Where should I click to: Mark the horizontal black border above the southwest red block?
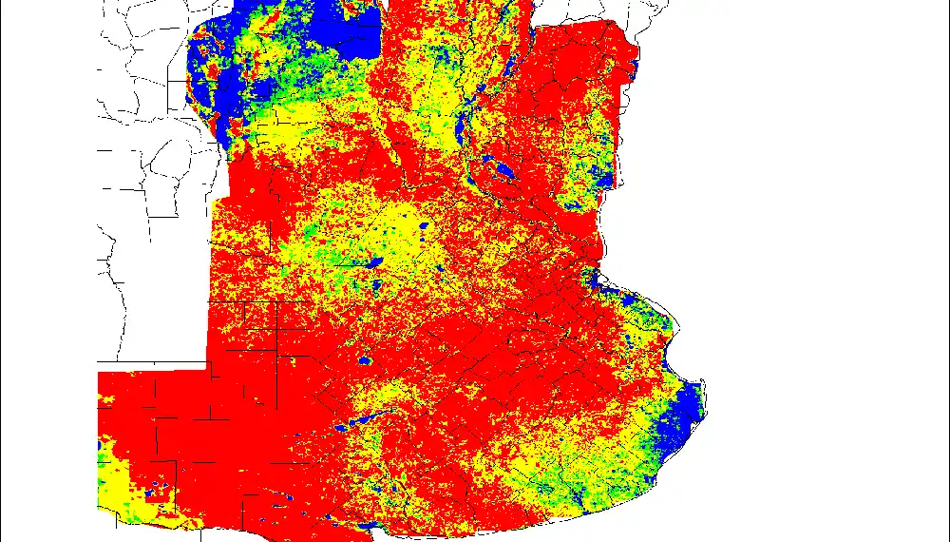coord(152,363)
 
